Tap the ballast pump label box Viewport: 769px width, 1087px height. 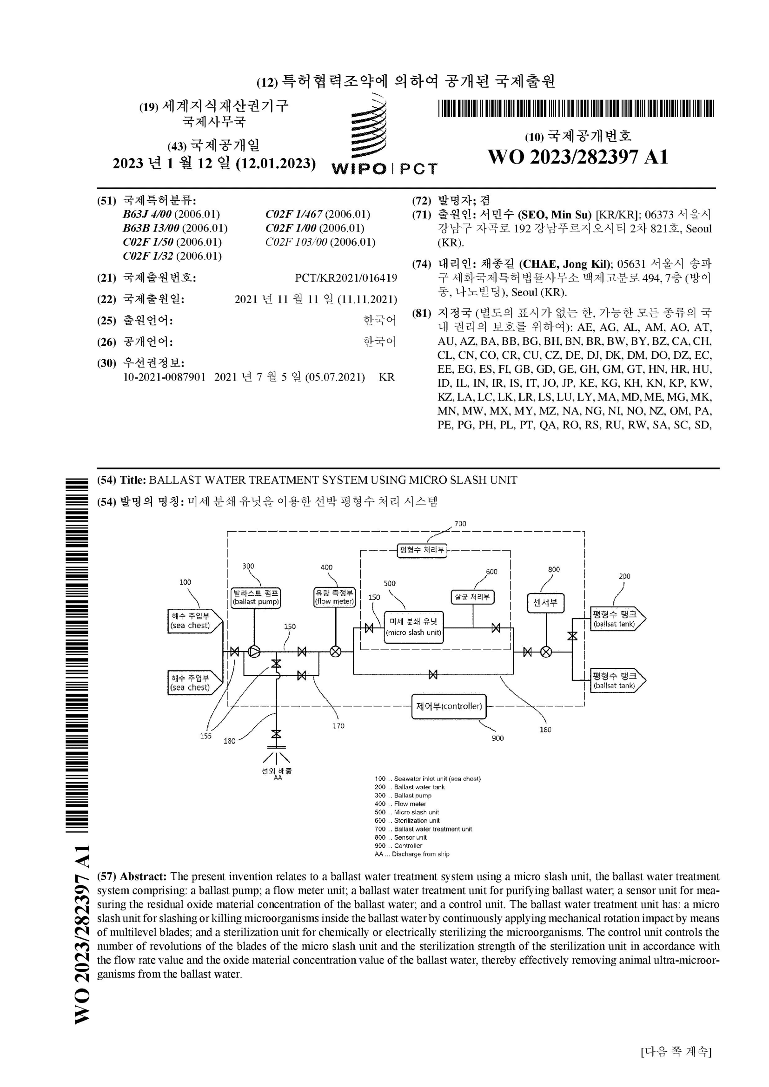(x=255, y=598)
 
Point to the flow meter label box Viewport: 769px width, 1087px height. (x=334, y=598)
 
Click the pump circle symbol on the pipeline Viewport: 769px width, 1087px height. (x=255, y=652)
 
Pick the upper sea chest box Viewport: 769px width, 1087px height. (x=195, y=621)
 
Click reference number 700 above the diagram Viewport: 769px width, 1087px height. (x=460, y=524)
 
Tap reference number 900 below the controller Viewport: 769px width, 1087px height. (x=497, y=738)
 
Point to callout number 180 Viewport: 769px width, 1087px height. (x=229, y=741)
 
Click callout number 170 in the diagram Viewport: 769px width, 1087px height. (x=338, y=726)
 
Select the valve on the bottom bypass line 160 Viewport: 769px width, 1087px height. (x=433, y=675)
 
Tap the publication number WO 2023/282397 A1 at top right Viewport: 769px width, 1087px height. (x=578, y=157)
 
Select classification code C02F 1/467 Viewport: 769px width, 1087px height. (x=318, y=214)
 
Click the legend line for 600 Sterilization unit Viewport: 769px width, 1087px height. (x=407, y=820)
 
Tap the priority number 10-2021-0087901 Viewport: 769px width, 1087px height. (x=164, y=377)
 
